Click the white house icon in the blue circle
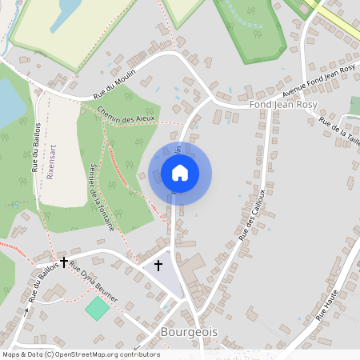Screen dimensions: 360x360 (180, 172)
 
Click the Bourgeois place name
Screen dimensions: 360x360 (189, 330)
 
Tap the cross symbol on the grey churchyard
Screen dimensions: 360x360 (158, 264)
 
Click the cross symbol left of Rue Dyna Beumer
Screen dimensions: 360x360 (63, 262)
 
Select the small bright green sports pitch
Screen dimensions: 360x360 (97, 308)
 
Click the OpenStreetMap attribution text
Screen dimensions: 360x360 (80, 354)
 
